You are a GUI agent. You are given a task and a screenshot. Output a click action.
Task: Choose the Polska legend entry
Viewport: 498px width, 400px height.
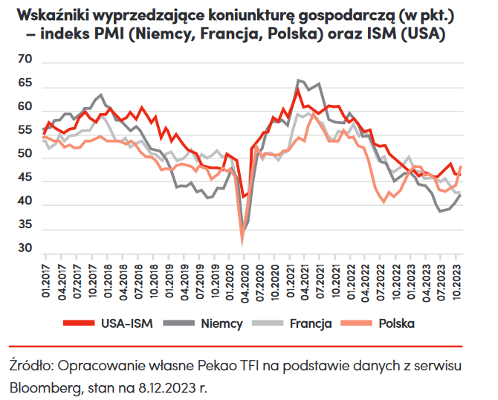click(395, 323)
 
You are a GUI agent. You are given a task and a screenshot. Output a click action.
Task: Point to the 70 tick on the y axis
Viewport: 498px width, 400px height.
click(25, 59)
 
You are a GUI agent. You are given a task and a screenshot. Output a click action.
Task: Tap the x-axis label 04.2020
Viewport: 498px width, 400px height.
click(244, 281)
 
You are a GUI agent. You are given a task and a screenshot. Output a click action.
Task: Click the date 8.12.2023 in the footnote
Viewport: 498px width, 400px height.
click(172, 387)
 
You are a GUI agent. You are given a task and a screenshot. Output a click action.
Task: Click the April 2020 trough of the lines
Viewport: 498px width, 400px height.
click(243, 236)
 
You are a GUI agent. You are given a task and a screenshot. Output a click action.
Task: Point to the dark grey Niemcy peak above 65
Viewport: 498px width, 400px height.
click(299, 80)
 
